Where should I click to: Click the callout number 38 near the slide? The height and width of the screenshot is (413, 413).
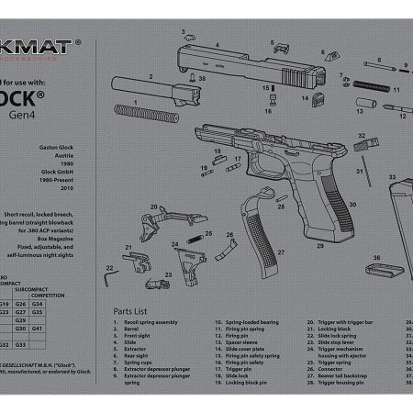point(202,81)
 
